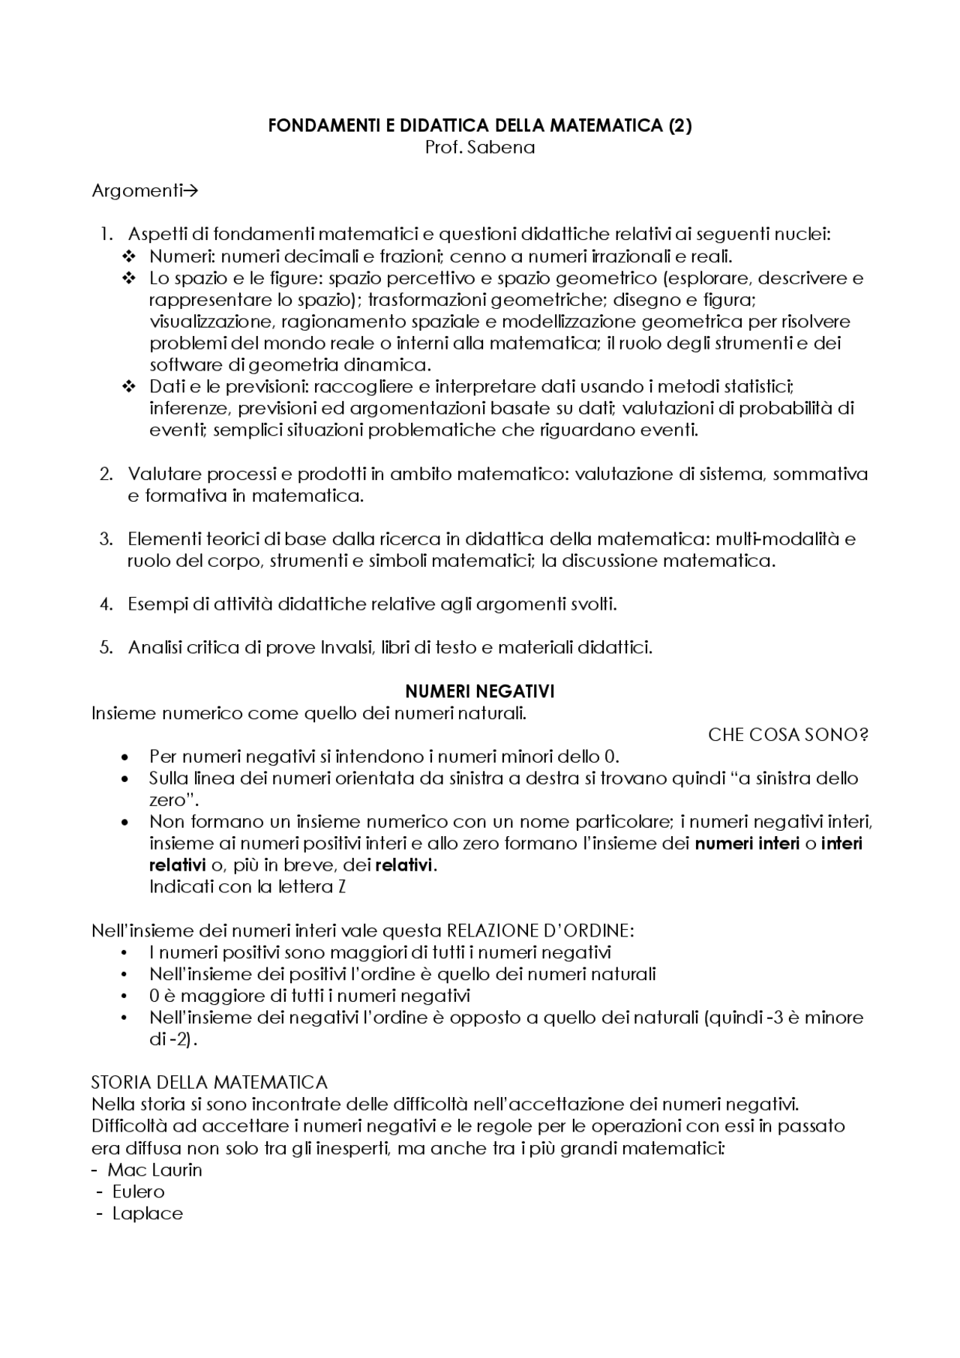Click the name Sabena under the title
[x=501, y=148]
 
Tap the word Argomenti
[x=136, y=191]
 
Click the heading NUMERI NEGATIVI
[x=479, y=691]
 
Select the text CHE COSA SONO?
[x=787, y=735]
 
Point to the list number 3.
[x=106, y=539]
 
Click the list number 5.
[x=106, y=647]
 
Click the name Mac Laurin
[x=154, y=1170]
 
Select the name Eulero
[x=138, y=1192]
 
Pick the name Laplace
[x=147, y=1213]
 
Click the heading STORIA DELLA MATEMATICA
[x=209, y=1083]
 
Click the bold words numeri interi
[x=747, y=844]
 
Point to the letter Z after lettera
[x=341, y=887]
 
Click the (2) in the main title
[x=679, y=126]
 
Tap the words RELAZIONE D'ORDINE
[x=540, y=931]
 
